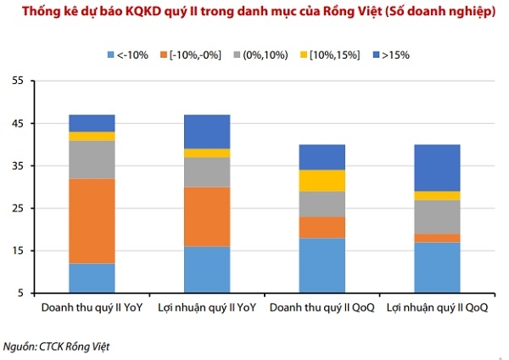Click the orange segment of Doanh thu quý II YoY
pos(92,221)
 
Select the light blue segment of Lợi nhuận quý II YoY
pos(206,269)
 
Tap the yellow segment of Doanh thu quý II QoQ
pos(322,180)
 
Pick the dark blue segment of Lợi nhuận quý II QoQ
pos(437,167)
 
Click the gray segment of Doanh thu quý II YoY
pos(92,159)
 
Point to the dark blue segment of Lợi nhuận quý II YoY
pos(206,131)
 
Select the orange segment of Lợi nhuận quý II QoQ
pos(437,238)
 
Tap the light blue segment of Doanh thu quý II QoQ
pos(322,265)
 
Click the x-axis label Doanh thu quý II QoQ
pos(322,307)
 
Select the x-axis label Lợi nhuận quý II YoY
pos(206,307)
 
